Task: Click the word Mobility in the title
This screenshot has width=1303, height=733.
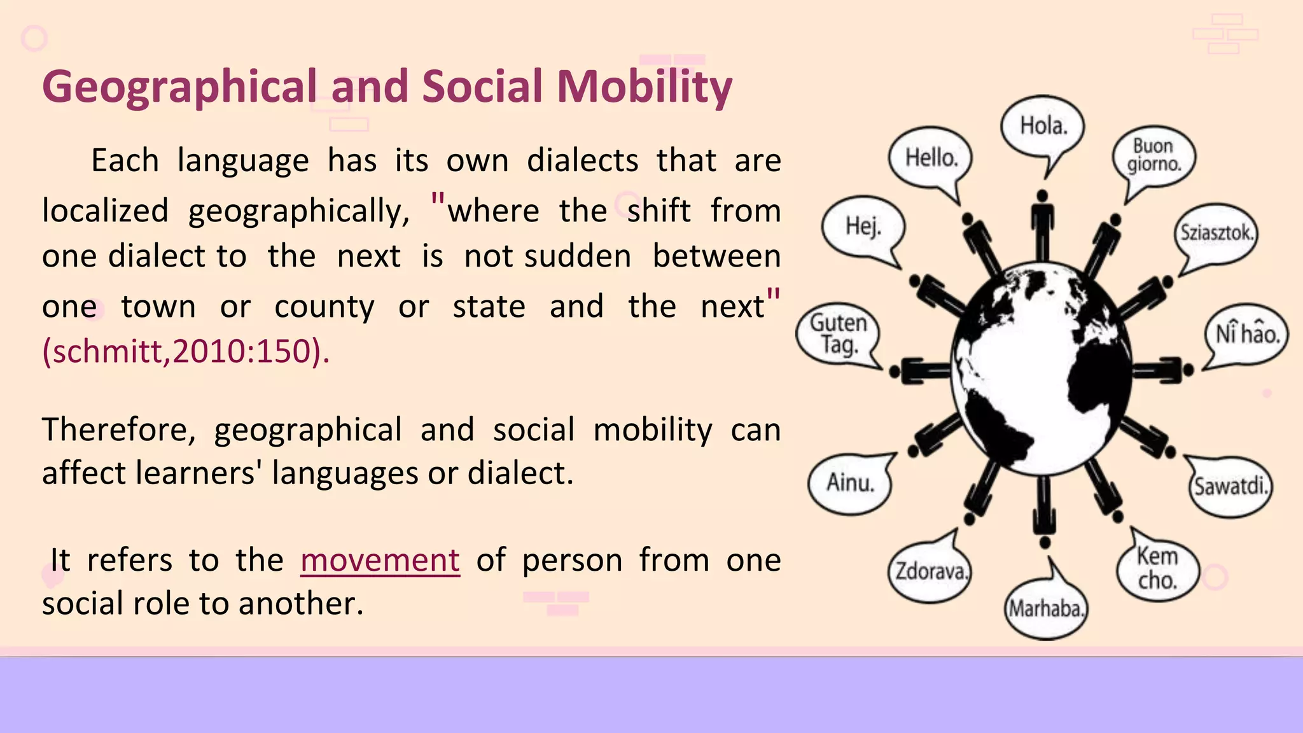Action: (644, 87)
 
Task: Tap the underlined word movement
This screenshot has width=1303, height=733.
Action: (380, 561)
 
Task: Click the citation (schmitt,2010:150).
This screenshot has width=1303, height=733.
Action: (186, 351)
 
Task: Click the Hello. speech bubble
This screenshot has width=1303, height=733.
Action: (931, 158)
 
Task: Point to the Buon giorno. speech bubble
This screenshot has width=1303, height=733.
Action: (1153, 156)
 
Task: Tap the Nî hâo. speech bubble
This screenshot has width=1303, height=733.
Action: (1246, 334)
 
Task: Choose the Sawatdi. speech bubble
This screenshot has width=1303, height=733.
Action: (1230, 487)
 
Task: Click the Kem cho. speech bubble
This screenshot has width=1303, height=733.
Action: (1158, 568)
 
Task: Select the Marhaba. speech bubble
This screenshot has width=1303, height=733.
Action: (1045, 609)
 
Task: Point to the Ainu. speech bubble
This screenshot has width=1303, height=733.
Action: (850, 483)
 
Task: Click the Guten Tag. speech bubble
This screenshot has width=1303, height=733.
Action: (838, 333)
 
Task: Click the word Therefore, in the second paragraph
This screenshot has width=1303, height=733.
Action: (119, 430)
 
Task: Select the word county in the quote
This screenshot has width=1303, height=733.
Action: (324, 307)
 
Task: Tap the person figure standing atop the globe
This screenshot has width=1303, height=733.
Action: (1042, 226)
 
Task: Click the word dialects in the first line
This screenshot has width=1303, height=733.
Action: (582, 160)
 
